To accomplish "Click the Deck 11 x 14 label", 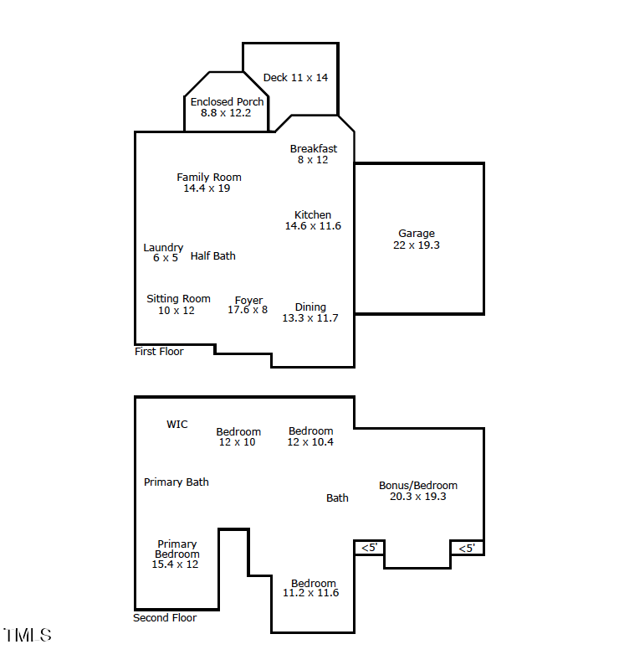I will tap(295, 78).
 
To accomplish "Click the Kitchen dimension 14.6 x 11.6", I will tap(313, 226).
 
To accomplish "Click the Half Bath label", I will tap(212, 256).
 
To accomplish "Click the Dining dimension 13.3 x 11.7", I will tap(310, 318).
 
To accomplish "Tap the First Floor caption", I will tap(159, 352).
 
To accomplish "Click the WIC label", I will tap(177, 425).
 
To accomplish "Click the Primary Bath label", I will tap(176, 482).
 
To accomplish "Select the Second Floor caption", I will tap(165, 618).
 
